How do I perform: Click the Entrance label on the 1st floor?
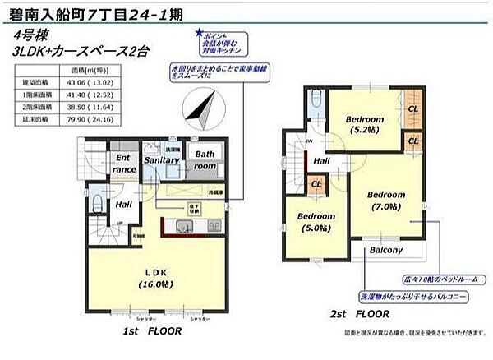point(124,163)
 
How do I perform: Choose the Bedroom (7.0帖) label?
point(385,200)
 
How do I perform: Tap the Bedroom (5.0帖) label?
point(316,222)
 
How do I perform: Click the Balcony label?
point(385,250)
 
